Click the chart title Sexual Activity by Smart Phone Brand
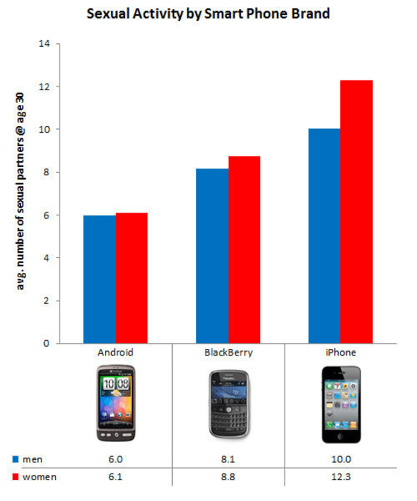point(209,13)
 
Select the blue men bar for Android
point(99,279)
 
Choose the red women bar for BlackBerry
point(244,250)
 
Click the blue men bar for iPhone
point(325,236)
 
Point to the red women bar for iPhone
point(357,212)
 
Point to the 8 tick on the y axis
point(47,173)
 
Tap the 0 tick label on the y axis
point(47,344)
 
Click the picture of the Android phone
point(116,403)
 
